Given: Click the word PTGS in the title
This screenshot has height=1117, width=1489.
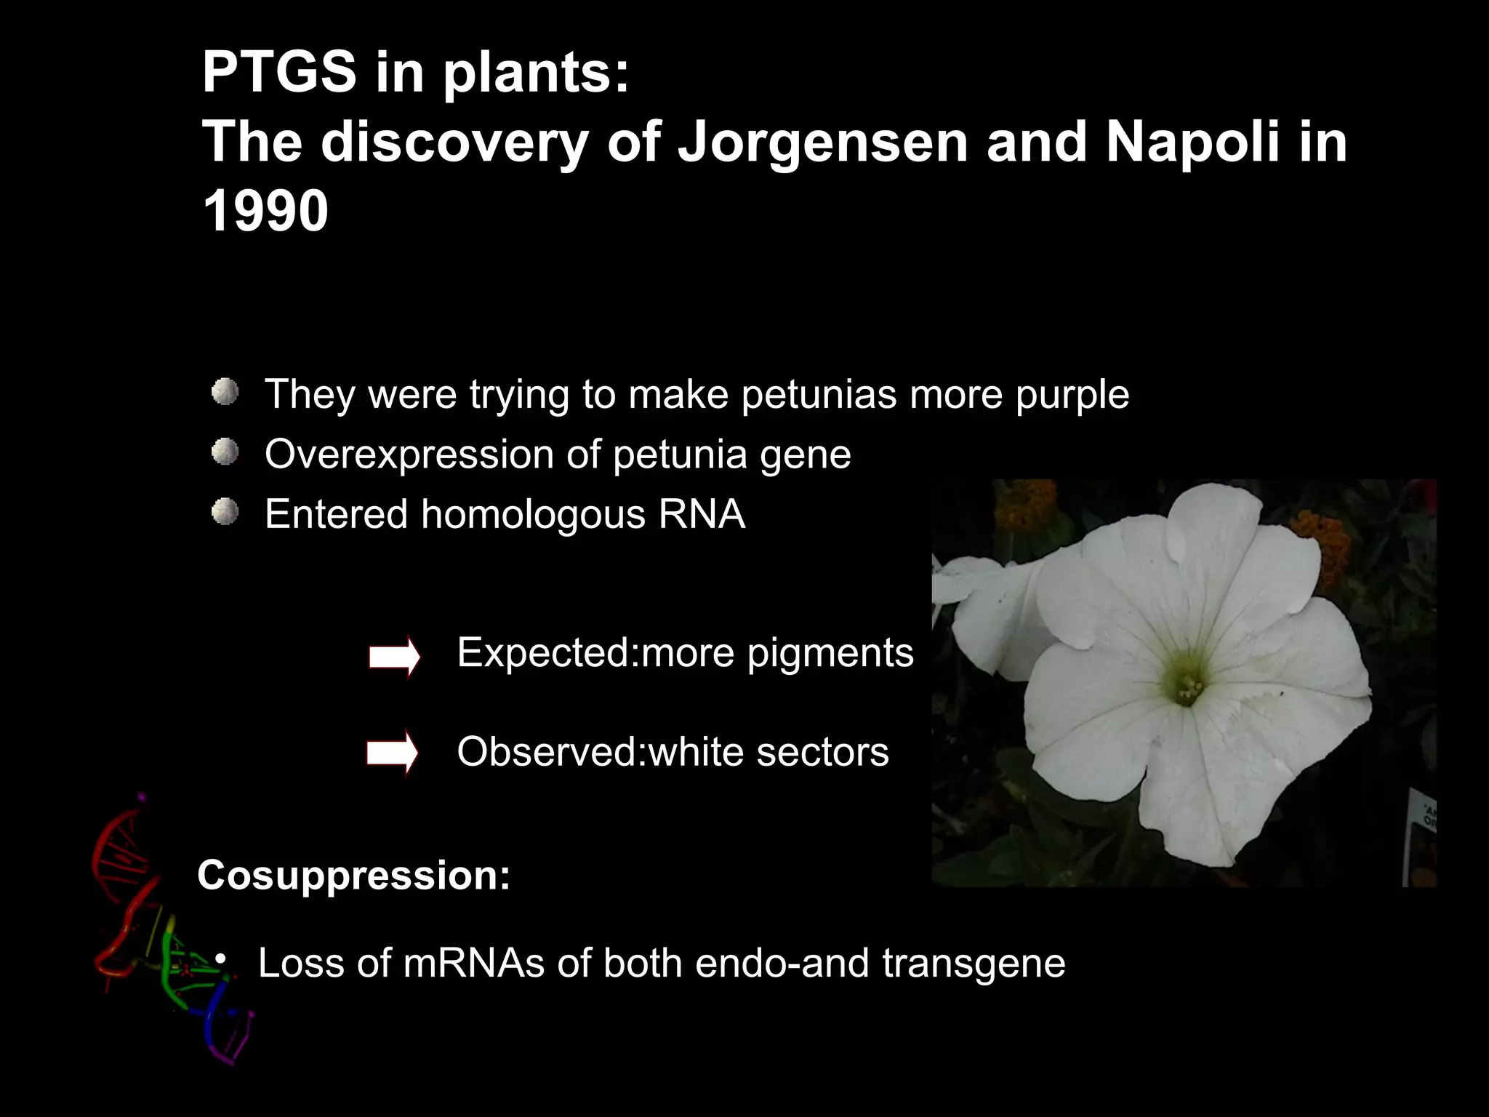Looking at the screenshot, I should (278, 73).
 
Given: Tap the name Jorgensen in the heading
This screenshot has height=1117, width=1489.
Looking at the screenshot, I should (822, 142).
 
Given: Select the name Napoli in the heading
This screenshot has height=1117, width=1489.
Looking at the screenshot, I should (1192, 142).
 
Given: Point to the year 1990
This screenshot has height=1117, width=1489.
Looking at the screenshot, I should (265, 212).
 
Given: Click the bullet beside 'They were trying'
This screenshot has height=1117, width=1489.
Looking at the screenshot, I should (225, 393).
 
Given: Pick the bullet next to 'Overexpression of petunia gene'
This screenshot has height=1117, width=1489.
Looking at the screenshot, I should (225, 453).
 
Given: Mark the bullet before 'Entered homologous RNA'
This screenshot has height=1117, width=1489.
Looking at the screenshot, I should (225, 513).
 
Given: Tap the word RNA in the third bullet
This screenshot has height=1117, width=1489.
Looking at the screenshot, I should (702, 514).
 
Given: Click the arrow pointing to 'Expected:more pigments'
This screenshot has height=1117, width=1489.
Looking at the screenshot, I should (394, 657).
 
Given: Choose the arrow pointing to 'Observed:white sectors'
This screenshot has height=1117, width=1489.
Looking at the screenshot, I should (393, 753).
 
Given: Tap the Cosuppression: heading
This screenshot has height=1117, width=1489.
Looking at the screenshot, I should (353, 875).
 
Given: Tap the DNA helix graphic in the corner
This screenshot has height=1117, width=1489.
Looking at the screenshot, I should (167, 931).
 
